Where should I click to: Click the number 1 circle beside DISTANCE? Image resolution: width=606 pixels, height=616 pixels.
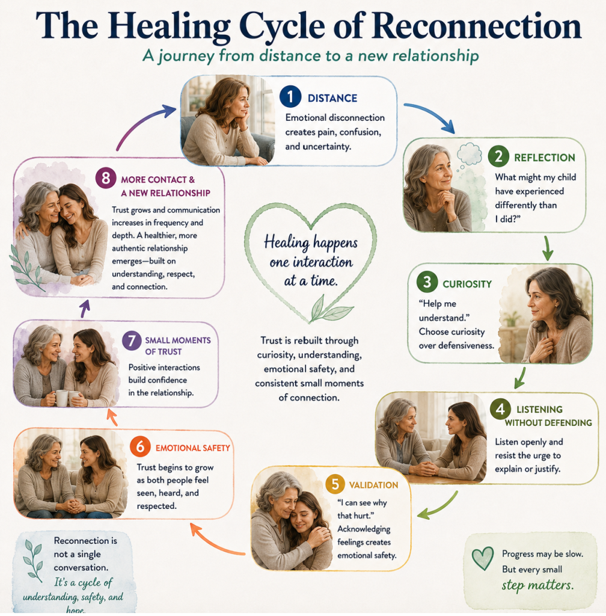[290, 97]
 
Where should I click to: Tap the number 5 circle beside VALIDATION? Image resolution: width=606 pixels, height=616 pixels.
[335, 484]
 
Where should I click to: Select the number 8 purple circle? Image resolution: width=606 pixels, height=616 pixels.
[106, 178]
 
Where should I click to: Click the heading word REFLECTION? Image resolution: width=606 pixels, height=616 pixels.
[545, 158]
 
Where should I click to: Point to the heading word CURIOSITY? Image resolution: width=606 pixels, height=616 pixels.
[467, 284]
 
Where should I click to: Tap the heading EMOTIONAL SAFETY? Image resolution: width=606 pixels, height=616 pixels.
[193, 448]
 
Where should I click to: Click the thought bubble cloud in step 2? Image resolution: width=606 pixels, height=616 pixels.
[470, 154]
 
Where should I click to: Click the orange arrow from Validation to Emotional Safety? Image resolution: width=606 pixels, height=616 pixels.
[215, 541]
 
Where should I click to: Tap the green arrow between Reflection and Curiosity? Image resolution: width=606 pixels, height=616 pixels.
[548, 248]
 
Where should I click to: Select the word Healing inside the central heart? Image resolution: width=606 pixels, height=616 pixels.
[287, 242]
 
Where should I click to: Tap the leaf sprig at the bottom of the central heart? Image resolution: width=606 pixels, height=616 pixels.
[329, 310]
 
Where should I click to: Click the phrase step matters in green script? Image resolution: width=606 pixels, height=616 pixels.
[537, 585]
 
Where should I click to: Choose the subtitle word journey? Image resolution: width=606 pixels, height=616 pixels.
[186, 56]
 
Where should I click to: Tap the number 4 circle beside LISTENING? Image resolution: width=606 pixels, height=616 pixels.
[500, 409]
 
